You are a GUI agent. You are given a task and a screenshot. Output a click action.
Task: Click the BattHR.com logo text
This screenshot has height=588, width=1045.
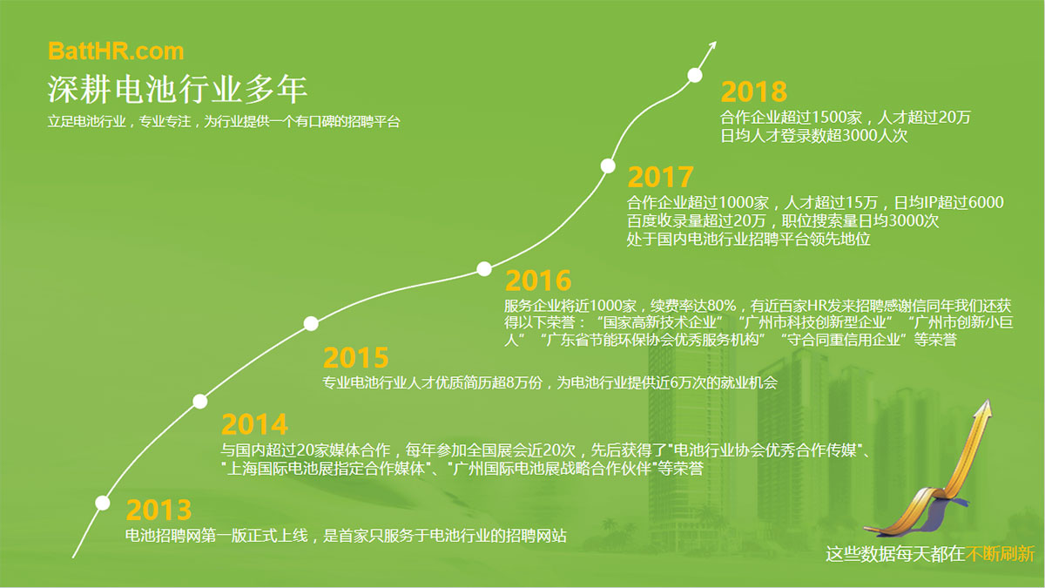116,51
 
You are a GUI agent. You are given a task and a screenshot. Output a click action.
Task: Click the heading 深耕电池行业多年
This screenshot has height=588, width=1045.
178,89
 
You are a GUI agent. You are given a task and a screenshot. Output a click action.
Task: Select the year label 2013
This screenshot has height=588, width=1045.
158,510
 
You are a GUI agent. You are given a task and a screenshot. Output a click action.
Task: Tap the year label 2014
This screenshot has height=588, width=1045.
254,424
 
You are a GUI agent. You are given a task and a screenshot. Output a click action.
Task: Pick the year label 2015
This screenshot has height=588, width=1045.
356,358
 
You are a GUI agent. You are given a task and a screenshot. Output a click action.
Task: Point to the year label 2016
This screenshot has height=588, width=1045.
538,280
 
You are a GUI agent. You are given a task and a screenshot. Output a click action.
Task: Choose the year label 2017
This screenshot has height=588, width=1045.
660,177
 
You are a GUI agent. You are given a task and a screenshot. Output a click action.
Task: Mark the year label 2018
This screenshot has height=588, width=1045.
754,91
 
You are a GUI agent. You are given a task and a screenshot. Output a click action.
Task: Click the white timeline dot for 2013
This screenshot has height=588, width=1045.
103,504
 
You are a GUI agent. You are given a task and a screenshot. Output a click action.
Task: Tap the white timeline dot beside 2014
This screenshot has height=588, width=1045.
200,402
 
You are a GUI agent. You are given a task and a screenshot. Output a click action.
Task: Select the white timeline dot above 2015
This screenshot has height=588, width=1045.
311,323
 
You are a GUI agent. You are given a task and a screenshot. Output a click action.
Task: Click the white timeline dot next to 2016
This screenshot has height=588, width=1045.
484,269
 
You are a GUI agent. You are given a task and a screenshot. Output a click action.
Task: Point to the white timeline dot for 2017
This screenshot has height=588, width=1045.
608,166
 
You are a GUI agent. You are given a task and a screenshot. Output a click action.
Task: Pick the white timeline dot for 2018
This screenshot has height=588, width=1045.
695,75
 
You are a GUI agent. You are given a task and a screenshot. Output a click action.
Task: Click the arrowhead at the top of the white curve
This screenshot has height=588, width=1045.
713,44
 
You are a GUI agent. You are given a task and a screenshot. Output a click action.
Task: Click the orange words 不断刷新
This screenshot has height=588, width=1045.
1000,554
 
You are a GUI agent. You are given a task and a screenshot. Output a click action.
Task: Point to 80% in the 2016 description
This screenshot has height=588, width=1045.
721,306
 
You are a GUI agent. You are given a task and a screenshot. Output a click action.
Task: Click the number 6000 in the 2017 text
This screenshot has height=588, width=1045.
986,202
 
